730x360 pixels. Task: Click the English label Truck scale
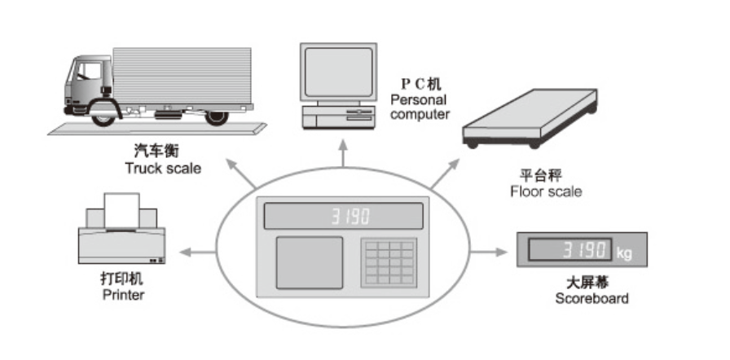[x=162, y=169]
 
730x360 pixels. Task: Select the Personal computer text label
[x=420, y=107]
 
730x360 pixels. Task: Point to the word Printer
[x=123, y=295]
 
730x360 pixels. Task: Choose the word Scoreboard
[x=591, y=298]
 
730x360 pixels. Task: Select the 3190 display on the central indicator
[x=350, y=217]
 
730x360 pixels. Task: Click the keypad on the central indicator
[x=389, y=262]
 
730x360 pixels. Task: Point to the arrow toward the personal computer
[x=342, y=160]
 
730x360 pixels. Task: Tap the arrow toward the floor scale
[x=442, y=175]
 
